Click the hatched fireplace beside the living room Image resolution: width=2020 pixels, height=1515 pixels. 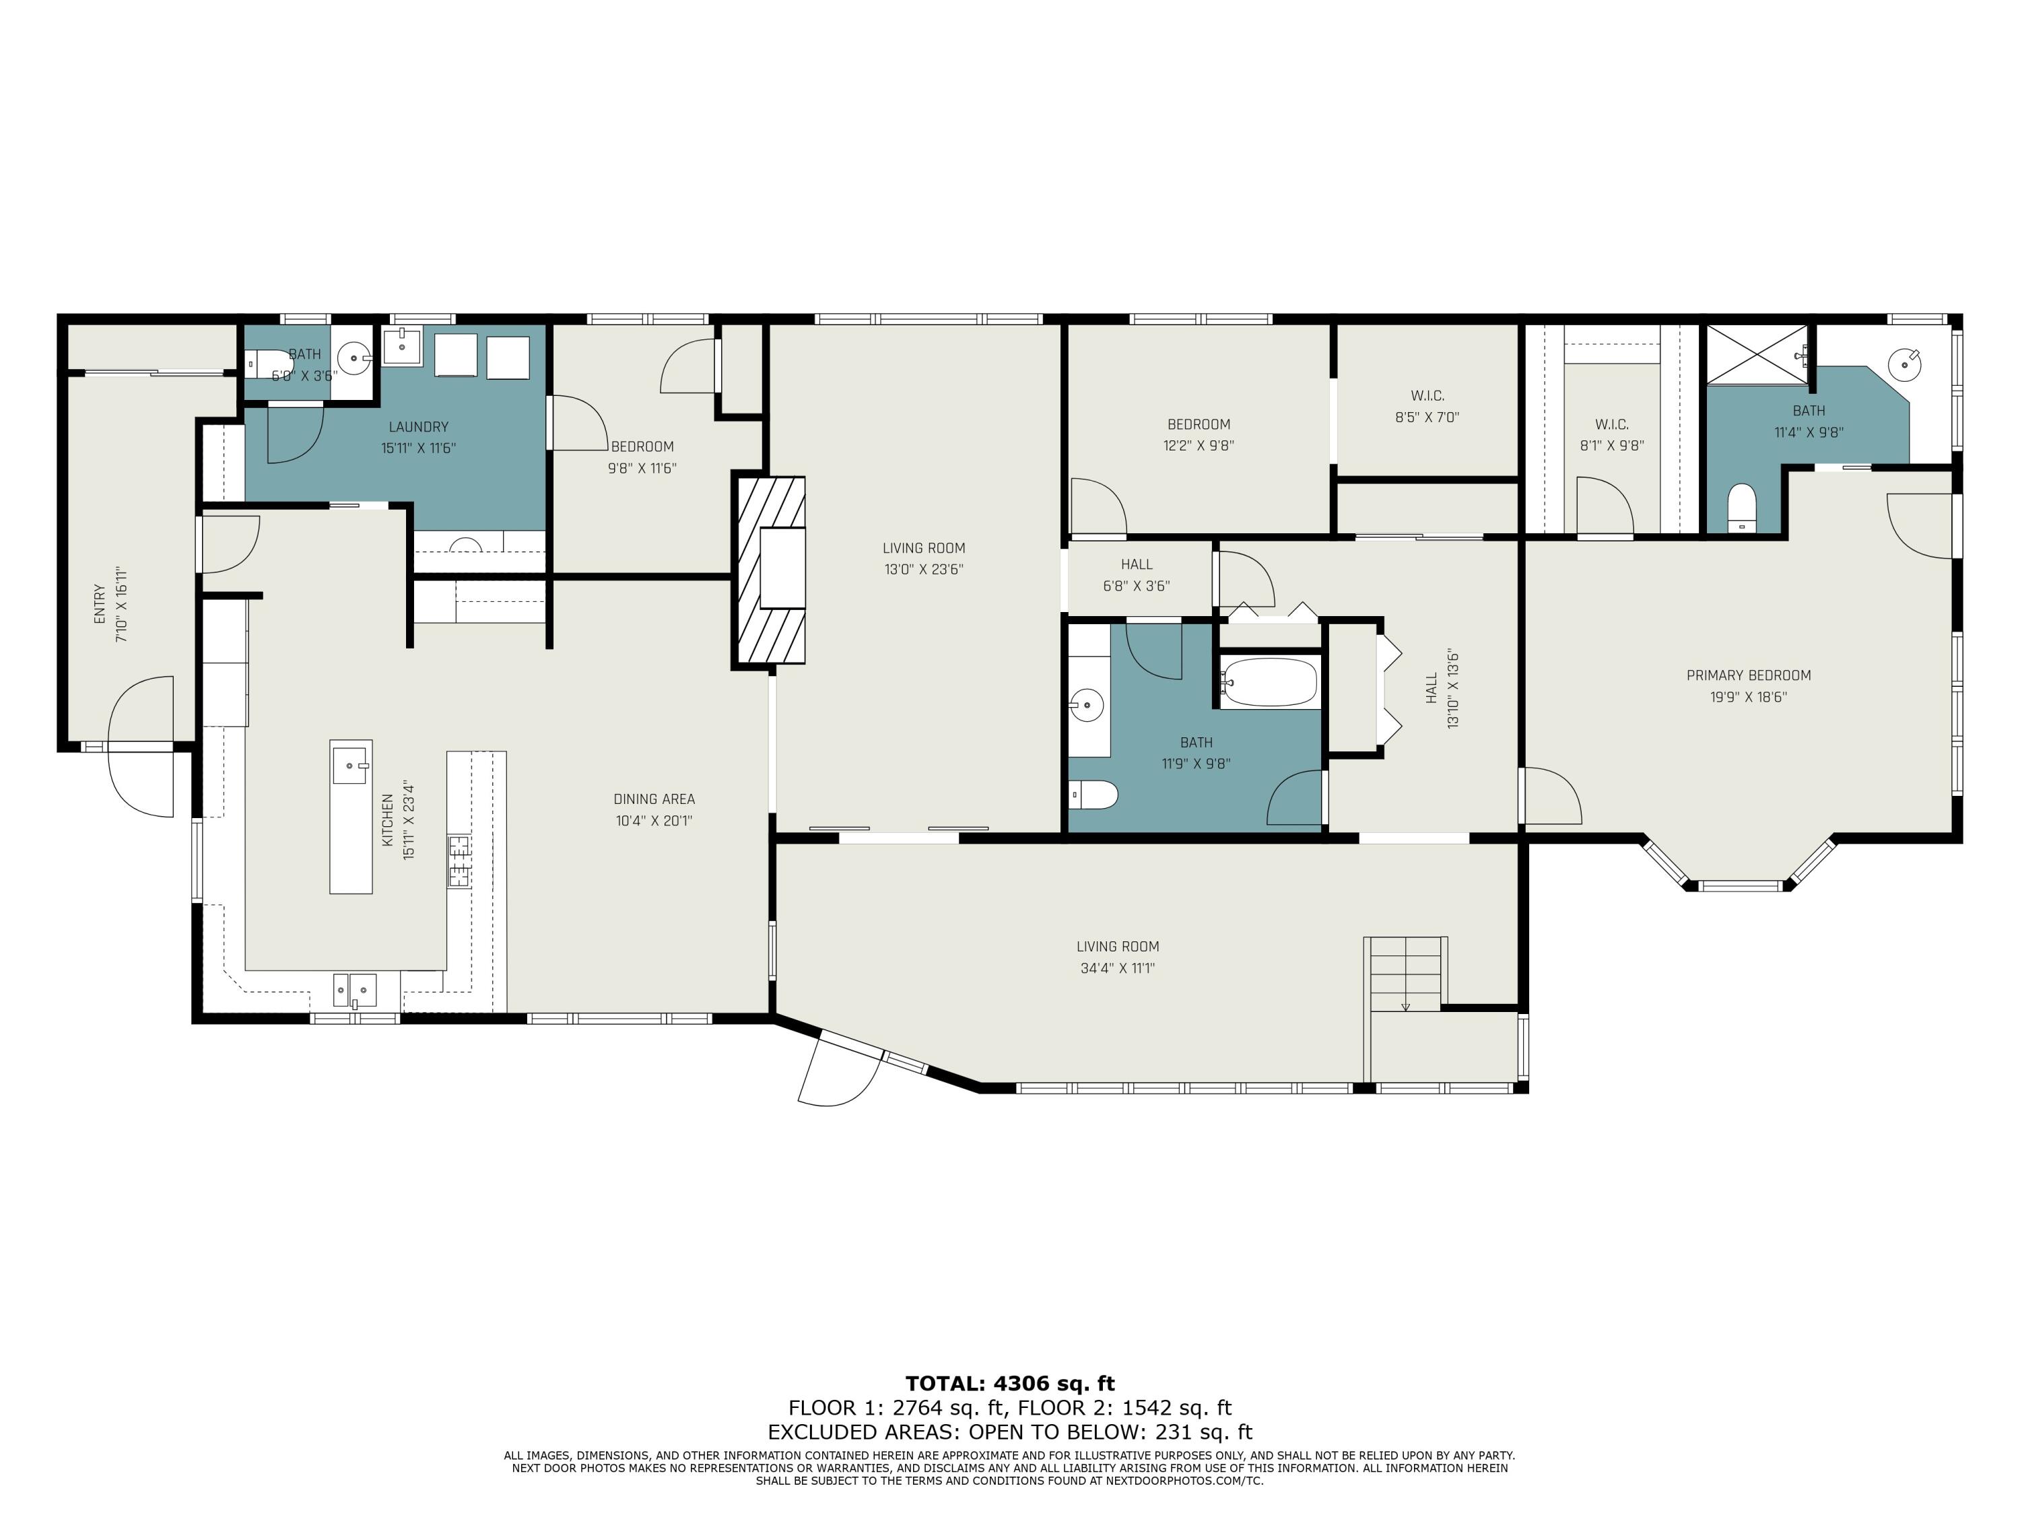click(769, 571)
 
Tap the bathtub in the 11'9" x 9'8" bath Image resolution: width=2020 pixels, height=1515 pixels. click(1269, 682)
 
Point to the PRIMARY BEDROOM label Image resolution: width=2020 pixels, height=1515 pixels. click(1748, 676)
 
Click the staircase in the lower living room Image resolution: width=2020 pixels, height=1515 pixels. click(1405, 974)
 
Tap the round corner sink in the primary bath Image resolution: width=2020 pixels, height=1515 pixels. click(1905, 365)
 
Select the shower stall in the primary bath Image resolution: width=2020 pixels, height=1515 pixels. click(1756, 354)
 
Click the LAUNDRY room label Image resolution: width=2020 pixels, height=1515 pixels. click(418, 426)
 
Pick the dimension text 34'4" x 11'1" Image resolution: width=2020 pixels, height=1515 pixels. click(1118, 968)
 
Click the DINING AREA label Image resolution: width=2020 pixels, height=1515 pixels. click(654, 799)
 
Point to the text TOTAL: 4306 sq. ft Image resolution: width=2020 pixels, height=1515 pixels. click(1010, 1384)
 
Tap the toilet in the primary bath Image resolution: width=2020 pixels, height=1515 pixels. click(1741, 508)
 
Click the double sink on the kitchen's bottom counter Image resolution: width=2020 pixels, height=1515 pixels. click(354, 989)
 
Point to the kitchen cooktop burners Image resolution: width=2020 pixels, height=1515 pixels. click(459, 861)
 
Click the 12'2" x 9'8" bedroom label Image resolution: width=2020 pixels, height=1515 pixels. click(1198, 425)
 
